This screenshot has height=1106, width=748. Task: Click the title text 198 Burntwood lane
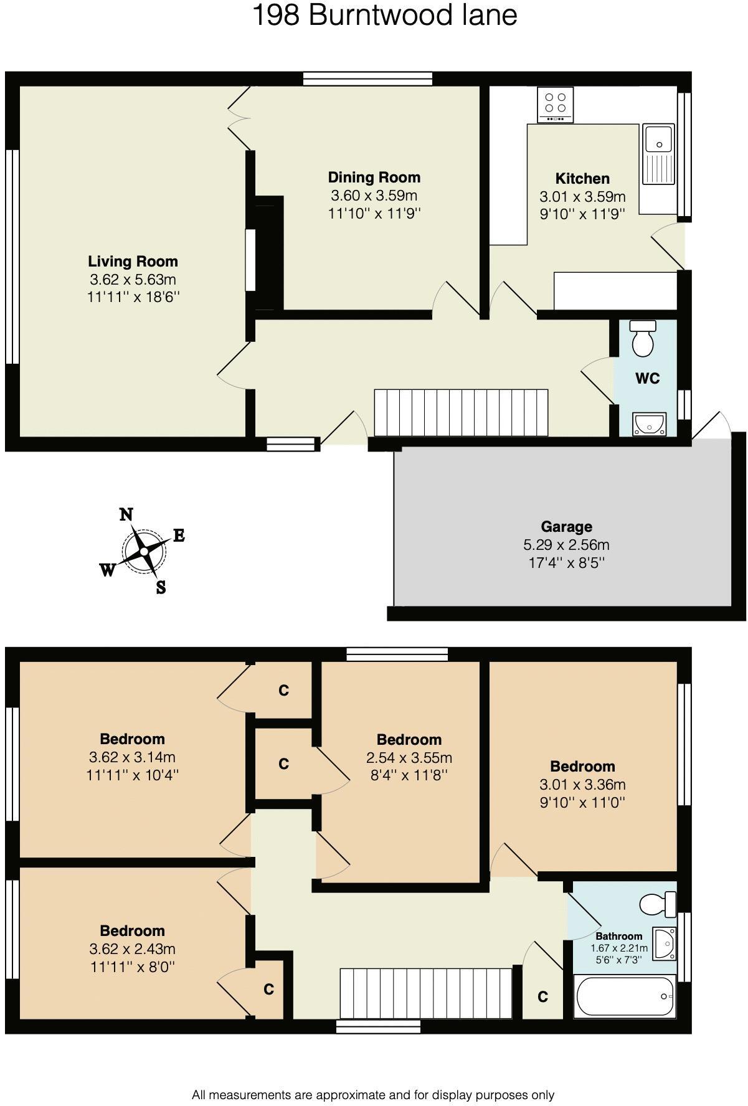click(x=384, y=15)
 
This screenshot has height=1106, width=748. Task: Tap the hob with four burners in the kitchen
click(x=555, y=105)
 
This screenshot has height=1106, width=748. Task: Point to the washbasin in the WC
click(x=649, y=424)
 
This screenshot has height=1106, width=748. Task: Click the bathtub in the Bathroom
click(x=624, y=996)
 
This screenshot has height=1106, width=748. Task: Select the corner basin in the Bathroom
click(x=664, y=943)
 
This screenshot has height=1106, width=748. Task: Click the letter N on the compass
click(x=126, y=514)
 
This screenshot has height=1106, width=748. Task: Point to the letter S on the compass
click(x=161, y=587)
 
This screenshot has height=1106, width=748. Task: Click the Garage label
click(x=566, y=527)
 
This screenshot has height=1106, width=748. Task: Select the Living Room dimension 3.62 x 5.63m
click(x=133, y=280)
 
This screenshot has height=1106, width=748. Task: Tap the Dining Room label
click(x=374, y=177)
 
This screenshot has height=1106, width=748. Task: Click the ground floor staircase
click(x=461, y=412)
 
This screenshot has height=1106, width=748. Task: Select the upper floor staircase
click(x=426, y=993)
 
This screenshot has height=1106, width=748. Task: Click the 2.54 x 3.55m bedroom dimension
click(x=409, y=758)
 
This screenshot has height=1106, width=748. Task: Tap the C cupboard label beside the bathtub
click(x=542, y=997)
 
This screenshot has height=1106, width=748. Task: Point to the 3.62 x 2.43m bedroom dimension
click(x=132, y=949)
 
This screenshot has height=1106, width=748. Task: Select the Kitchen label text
click(x=582, y=179)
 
